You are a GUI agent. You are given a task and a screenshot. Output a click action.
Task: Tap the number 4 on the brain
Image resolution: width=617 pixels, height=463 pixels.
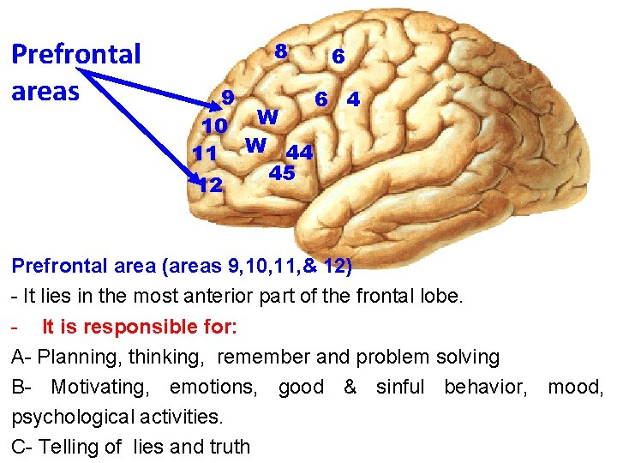tap(352, 99)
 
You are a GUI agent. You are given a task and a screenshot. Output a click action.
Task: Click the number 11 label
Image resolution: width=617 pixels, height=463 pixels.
tap(205, 155)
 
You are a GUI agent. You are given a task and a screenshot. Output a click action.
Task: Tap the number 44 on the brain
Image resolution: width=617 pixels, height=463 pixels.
tap(299, 153)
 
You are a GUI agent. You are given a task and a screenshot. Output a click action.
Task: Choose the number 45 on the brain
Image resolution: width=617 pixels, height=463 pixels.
tap(282, 173)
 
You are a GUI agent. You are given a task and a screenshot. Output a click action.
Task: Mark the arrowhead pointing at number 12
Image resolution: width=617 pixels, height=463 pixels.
tap(195, 179)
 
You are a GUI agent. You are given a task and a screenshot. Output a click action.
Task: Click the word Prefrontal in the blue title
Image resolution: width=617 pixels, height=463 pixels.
tap(75, 55)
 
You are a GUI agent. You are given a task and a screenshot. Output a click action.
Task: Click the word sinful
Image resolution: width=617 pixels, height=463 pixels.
tap(400, 387)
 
